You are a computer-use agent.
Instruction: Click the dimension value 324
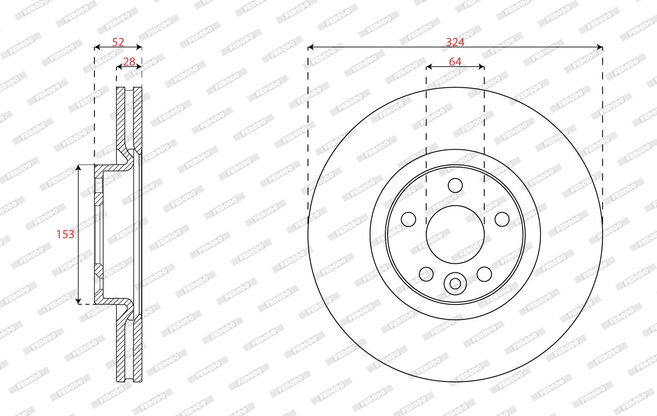point(455,42)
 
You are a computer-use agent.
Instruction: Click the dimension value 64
point(455,62)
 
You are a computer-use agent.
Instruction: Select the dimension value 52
point(118,42)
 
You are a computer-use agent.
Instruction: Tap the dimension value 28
point(129,62)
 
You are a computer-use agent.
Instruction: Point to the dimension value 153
point(65,234)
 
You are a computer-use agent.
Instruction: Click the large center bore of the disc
point(455,235)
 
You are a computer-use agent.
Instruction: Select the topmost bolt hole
point(455,185)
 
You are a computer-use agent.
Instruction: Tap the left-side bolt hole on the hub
point(408,219)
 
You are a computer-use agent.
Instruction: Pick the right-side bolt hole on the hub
point(502,219)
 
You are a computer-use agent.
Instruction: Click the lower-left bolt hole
point(426,274)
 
